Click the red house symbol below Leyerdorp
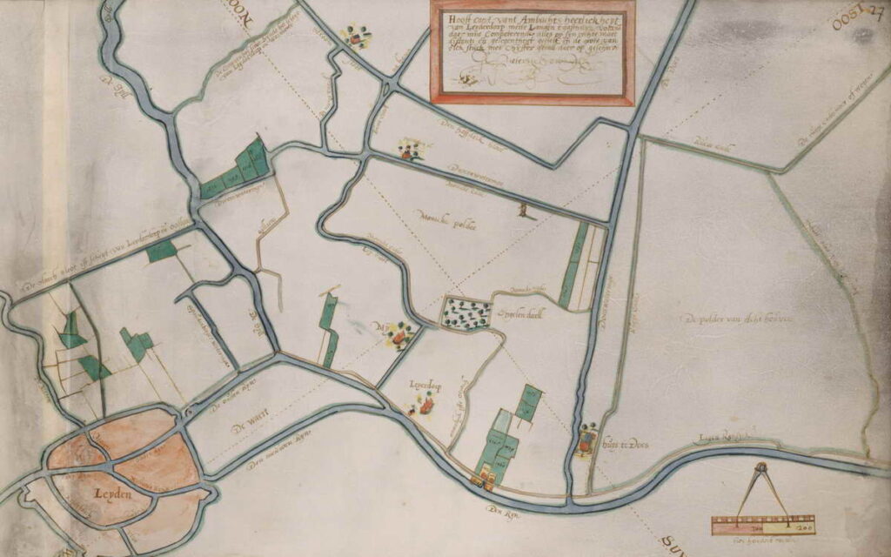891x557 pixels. [426, 403]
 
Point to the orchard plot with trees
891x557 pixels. [465, 313]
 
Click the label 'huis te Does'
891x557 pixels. [631, 446]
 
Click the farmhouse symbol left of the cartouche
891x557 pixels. [356, 37]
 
